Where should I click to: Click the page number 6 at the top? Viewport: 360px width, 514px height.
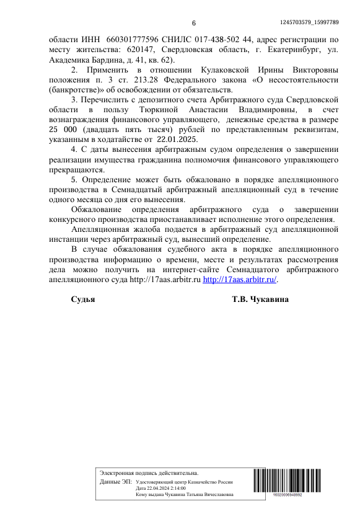point(193,23)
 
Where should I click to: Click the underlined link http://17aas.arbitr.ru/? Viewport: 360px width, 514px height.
point(240,280)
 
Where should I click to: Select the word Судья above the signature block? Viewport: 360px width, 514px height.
point(83,300)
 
